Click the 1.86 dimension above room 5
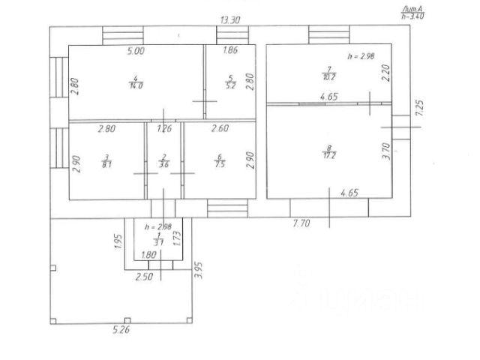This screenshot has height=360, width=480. pos(231,52)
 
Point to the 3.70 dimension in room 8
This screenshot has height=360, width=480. pos(385,153)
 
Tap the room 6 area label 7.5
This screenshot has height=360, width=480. pos(219,163)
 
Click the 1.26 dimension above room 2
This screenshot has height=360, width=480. pos(164,129)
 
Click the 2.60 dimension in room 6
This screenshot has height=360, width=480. pos(220,129)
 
